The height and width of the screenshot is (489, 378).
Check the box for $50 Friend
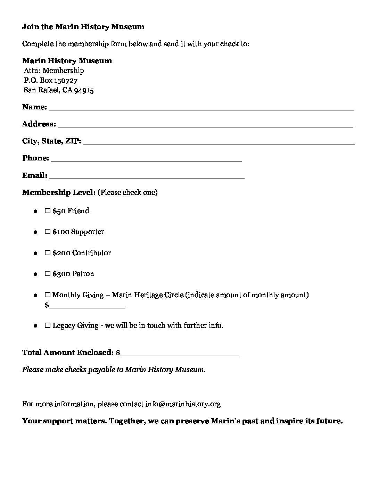click(x=48, y=211)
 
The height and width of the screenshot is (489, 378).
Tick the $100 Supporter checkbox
click(x=48, y=232)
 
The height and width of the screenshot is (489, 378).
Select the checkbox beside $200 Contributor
click(x=48, y=253)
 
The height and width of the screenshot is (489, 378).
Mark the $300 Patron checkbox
click(x=48, y=274)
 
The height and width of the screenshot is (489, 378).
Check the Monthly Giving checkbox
click(x=48, y=295)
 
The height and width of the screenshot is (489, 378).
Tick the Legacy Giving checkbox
click(x=48, y=325)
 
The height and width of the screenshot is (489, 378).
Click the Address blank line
click(x=205, y=125)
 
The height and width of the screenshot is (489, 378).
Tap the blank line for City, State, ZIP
click(x=219, y=142)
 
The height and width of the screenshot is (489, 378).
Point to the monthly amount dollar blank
click(x=87, y=306)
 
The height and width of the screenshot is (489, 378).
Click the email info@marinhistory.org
click(x=183, y=404)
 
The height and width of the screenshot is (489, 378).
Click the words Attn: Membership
click(x=54, y=71)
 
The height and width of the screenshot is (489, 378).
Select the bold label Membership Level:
click(x=59, y=192)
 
